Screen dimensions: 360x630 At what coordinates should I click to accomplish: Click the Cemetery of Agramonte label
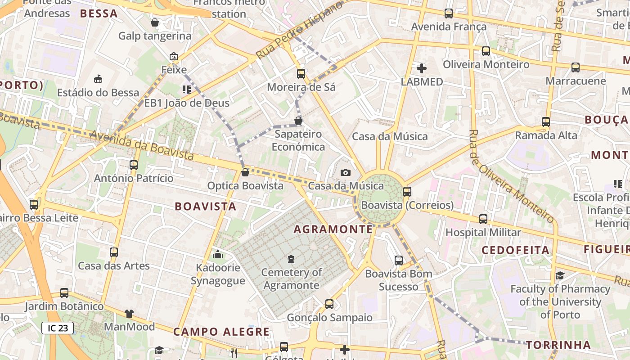(x=292, y=279)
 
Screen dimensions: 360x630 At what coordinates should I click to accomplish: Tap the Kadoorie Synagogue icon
(x=218, y=255)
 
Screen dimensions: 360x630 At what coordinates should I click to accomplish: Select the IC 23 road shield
(x=58, y=328)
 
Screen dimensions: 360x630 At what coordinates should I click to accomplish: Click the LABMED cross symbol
(x=422, y=68)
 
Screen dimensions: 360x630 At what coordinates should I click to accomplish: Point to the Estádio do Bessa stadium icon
(x=98, y=79)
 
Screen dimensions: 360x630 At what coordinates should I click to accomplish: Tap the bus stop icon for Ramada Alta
(x=546, y=122)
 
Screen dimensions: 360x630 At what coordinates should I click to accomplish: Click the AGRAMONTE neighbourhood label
(x=333, y=229)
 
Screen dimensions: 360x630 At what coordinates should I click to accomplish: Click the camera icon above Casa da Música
(x=346, y=172)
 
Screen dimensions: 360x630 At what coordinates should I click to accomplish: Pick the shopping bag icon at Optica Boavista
(x=245, y=172)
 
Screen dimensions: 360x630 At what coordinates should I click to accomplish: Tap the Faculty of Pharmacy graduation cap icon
(x=560, y=275)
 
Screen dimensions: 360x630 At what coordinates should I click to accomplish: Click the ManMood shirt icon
(x=129, y=313)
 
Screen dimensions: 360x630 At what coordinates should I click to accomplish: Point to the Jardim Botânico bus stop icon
(x=64, y=293)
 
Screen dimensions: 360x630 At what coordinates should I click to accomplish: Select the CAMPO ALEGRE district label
(x=221, y=332)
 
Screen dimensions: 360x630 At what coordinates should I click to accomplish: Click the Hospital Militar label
(x=483, y=232)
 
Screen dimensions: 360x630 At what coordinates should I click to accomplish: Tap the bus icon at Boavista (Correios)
(x=407, y=192)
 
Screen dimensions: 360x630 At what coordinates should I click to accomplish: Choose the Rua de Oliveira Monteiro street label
(x=512, y=176)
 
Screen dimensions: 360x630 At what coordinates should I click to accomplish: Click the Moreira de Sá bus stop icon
(x=301, y=74)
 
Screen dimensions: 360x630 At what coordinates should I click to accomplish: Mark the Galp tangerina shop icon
(x=155, y=22)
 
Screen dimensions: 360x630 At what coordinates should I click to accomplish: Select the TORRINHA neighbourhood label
(x=558, y=345)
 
